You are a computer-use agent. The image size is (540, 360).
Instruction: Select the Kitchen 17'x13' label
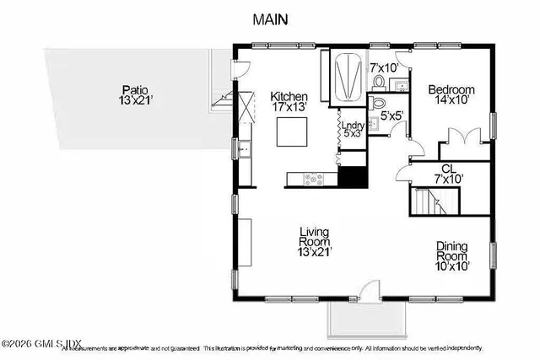[x=289, y=102]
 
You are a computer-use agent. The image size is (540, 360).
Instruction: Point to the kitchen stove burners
[x=312, y=178]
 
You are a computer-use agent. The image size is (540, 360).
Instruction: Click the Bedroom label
[x=451, y=95]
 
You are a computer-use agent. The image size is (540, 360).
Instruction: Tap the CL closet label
[x=449, y=174]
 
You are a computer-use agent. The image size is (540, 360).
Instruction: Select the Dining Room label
[x=451, y=255]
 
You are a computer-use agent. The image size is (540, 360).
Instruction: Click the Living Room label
[x=313, y=240]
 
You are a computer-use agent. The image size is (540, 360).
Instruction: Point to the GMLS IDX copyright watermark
[x=40, y=343]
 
